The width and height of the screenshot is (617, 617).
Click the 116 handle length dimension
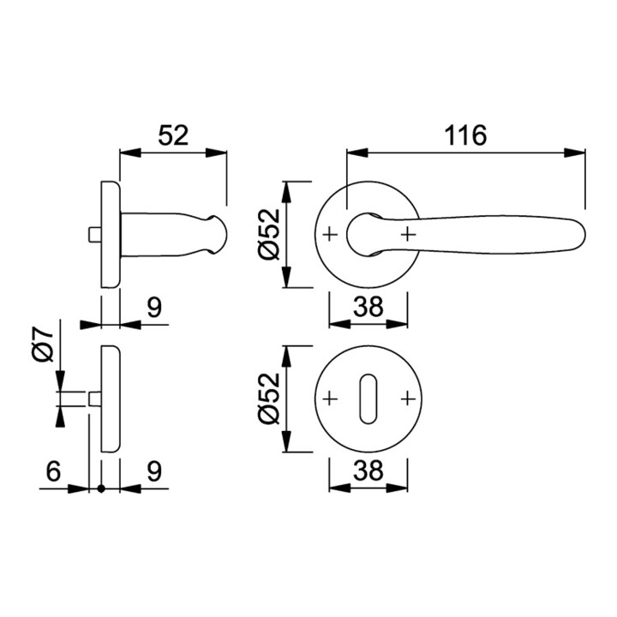tap(465, 135)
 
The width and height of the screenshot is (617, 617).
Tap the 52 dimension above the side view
tap(173, 135)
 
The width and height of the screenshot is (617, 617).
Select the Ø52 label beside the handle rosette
tap(269, 235)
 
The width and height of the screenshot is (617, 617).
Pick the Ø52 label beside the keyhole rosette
tap(269, 398)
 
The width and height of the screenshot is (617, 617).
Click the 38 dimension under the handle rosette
tap(368, 307)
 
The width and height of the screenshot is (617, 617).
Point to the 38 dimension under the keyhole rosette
tap(368, 470)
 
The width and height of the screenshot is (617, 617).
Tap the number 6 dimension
tap(53, 470)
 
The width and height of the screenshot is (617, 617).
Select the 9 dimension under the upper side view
tap(154, 307)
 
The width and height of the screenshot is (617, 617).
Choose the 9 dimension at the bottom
tap(154, 470)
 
